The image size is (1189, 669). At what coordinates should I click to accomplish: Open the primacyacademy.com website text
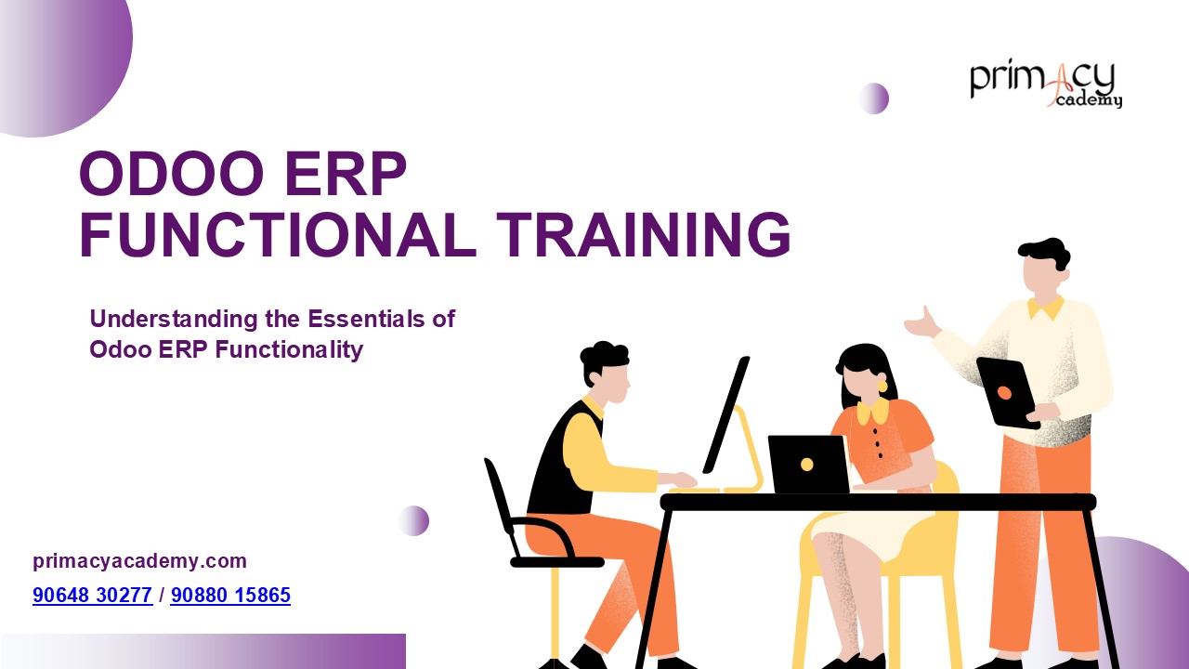coord(139,561)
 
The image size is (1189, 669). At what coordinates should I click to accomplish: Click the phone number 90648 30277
coord(92,596)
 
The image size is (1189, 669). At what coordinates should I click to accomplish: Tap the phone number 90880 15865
coord(230,596)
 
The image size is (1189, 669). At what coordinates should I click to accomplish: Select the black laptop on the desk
coord(808,464)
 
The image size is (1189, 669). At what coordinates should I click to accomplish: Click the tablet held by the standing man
coord(1007,392)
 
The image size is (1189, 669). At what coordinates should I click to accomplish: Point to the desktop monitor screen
coord(726,413)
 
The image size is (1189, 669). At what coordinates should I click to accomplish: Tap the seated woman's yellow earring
coord(882,386)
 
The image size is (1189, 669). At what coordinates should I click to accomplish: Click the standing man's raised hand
coord(923,323)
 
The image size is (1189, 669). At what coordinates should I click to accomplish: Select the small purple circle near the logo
coord(873,98)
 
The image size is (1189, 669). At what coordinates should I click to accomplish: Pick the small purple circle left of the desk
coord(413,520)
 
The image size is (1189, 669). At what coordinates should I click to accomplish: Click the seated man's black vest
coord(562,460)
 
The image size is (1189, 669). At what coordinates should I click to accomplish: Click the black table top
coord(878,502)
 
